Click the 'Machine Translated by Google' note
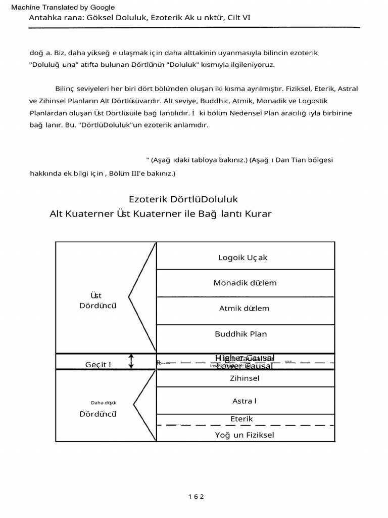[x=63, y=7]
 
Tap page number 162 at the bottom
[x=196, y=496]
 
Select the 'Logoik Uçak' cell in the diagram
[x=243, y=257]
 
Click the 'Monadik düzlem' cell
[x=245, y=283]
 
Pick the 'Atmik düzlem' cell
[x=244, y=308]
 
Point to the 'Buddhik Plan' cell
[x=240, y=334]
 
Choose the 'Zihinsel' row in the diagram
[x=245, y=378]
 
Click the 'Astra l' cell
[x=245, y=401]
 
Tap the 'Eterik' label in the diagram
[x=241, y=419]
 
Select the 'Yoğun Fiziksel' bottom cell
[x=245, y=435]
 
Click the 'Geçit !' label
[x=99, y=364]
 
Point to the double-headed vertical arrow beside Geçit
[x=131, y=361]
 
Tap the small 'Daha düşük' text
[x=104, y=403]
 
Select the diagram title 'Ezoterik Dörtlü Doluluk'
[x=183, y=199]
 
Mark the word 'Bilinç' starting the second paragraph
[x=65, y=89]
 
